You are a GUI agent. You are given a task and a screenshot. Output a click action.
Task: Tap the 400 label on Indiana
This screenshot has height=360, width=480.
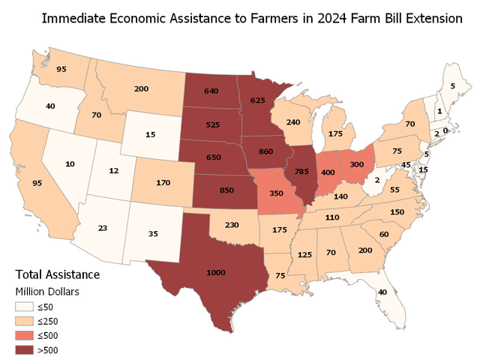pyautogui.click(x=328, y=172)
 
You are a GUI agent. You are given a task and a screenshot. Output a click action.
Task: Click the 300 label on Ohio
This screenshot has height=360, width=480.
pyautogui.click(x=357, y=164)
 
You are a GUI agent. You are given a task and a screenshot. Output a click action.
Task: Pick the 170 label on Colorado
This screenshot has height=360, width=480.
pyautogui.click(x=160, y=181)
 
